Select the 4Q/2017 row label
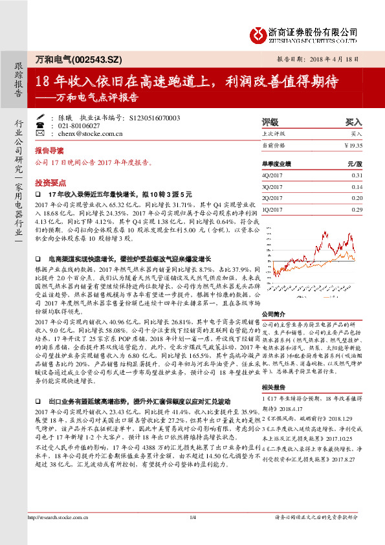point(271,175)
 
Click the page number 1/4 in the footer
point(192,517)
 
